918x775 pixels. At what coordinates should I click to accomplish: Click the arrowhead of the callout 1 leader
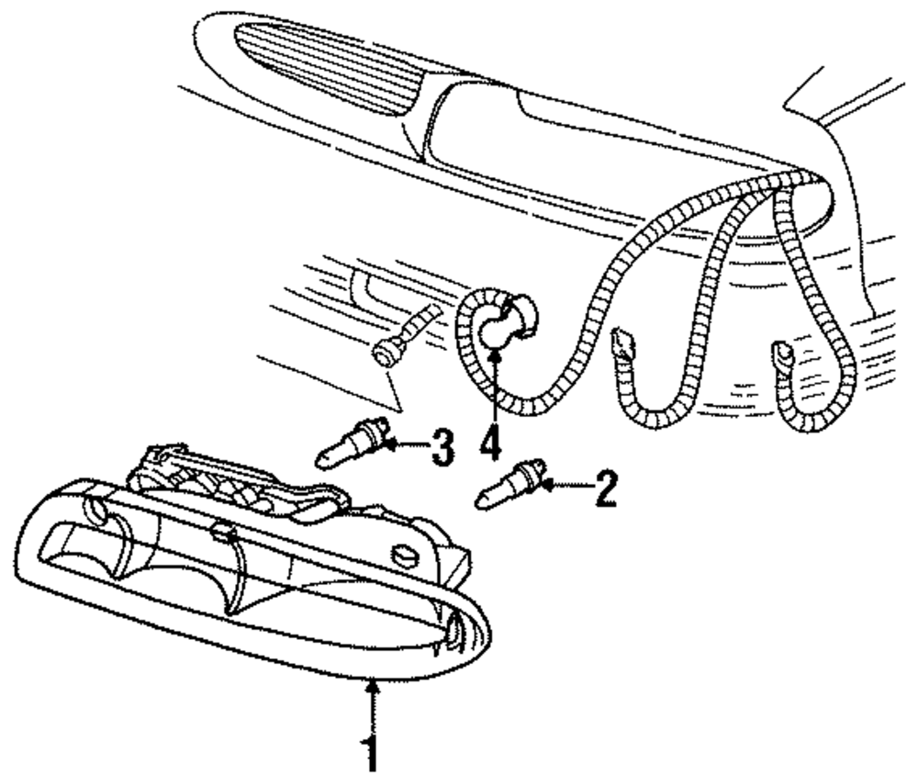pos(370,684)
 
